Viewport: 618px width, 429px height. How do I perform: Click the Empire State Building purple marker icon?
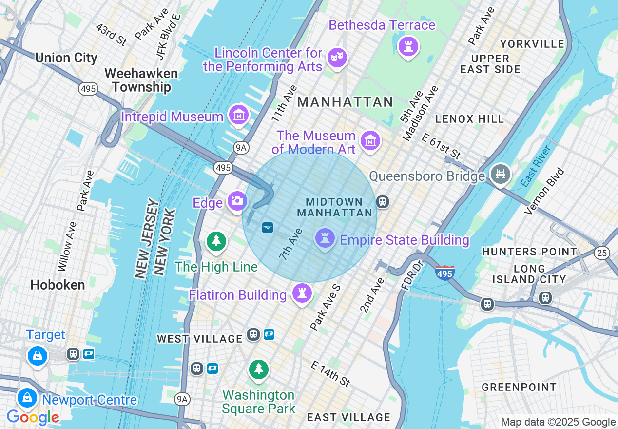(325, 238)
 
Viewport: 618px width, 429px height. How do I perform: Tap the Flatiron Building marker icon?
(302, 293)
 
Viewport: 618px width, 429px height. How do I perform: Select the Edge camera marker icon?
(237, 200)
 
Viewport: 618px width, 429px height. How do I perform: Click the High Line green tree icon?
(216, 241)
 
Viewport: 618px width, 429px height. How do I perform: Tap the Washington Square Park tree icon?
(258, 369)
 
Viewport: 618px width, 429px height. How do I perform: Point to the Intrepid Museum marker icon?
(239, 115)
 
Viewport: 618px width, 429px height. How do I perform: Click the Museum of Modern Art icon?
(370, 140)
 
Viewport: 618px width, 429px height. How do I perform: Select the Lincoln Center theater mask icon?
(337, 58)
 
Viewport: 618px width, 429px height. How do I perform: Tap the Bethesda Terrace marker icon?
(408, 46)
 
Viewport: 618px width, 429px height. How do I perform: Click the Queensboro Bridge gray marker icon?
(500, 174)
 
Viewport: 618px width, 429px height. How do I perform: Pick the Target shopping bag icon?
(37, 355)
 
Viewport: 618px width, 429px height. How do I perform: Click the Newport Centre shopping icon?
(28, 398)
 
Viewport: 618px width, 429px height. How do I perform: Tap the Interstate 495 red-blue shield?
(445, 273)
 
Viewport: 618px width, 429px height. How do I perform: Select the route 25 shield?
(601, 252)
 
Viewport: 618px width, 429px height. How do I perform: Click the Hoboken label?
(58, 285)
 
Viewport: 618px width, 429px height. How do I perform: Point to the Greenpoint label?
(519, 388)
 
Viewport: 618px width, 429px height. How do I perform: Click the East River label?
(535, 166)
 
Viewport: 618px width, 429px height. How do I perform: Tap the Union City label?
(66, 58)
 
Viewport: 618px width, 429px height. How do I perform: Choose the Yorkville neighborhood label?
(532, 44)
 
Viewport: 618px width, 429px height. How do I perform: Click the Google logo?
(33, 417)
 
